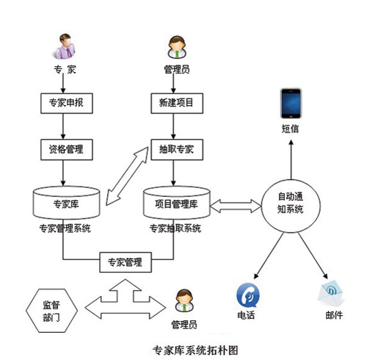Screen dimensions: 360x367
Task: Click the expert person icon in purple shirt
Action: click(65, 46)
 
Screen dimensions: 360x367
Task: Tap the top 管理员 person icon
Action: click(176, 48)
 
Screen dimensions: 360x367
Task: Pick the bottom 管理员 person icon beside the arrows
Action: click(184, 301)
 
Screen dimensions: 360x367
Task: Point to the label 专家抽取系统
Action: click(177, 228)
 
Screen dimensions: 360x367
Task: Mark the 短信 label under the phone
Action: click(291, 129)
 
